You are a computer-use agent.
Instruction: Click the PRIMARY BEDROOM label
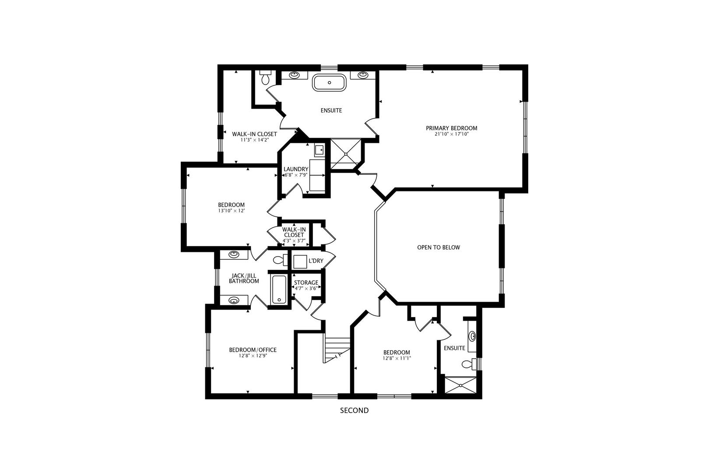tap(451, 128)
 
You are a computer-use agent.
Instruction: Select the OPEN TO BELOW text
tap(438, 247)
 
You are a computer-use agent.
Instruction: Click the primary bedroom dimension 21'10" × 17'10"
tap(451, 134)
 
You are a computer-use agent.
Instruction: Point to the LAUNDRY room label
tap(296, 169)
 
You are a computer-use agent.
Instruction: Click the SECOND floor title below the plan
tap(354, 411)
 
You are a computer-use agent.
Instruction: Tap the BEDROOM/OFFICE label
tap(253, 349)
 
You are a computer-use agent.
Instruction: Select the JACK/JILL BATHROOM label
tap(244, 278)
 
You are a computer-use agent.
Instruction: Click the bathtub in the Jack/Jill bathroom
tap(279, 289)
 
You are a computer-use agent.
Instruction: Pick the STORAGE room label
tap(306, 282)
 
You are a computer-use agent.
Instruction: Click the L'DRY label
tap(316, 261)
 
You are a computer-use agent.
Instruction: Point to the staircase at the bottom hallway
tap(337, 349)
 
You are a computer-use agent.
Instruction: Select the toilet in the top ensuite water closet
tap(265, 78)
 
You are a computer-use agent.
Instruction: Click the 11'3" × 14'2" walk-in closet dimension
tap(254, 140)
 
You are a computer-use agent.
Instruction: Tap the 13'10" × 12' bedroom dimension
tap(231, 211)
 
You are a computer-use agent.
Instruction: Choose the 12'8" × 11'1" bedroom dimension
tap(397, 358)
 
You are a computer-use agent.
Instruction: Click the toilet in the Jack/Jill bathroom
tap(279, 260)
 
